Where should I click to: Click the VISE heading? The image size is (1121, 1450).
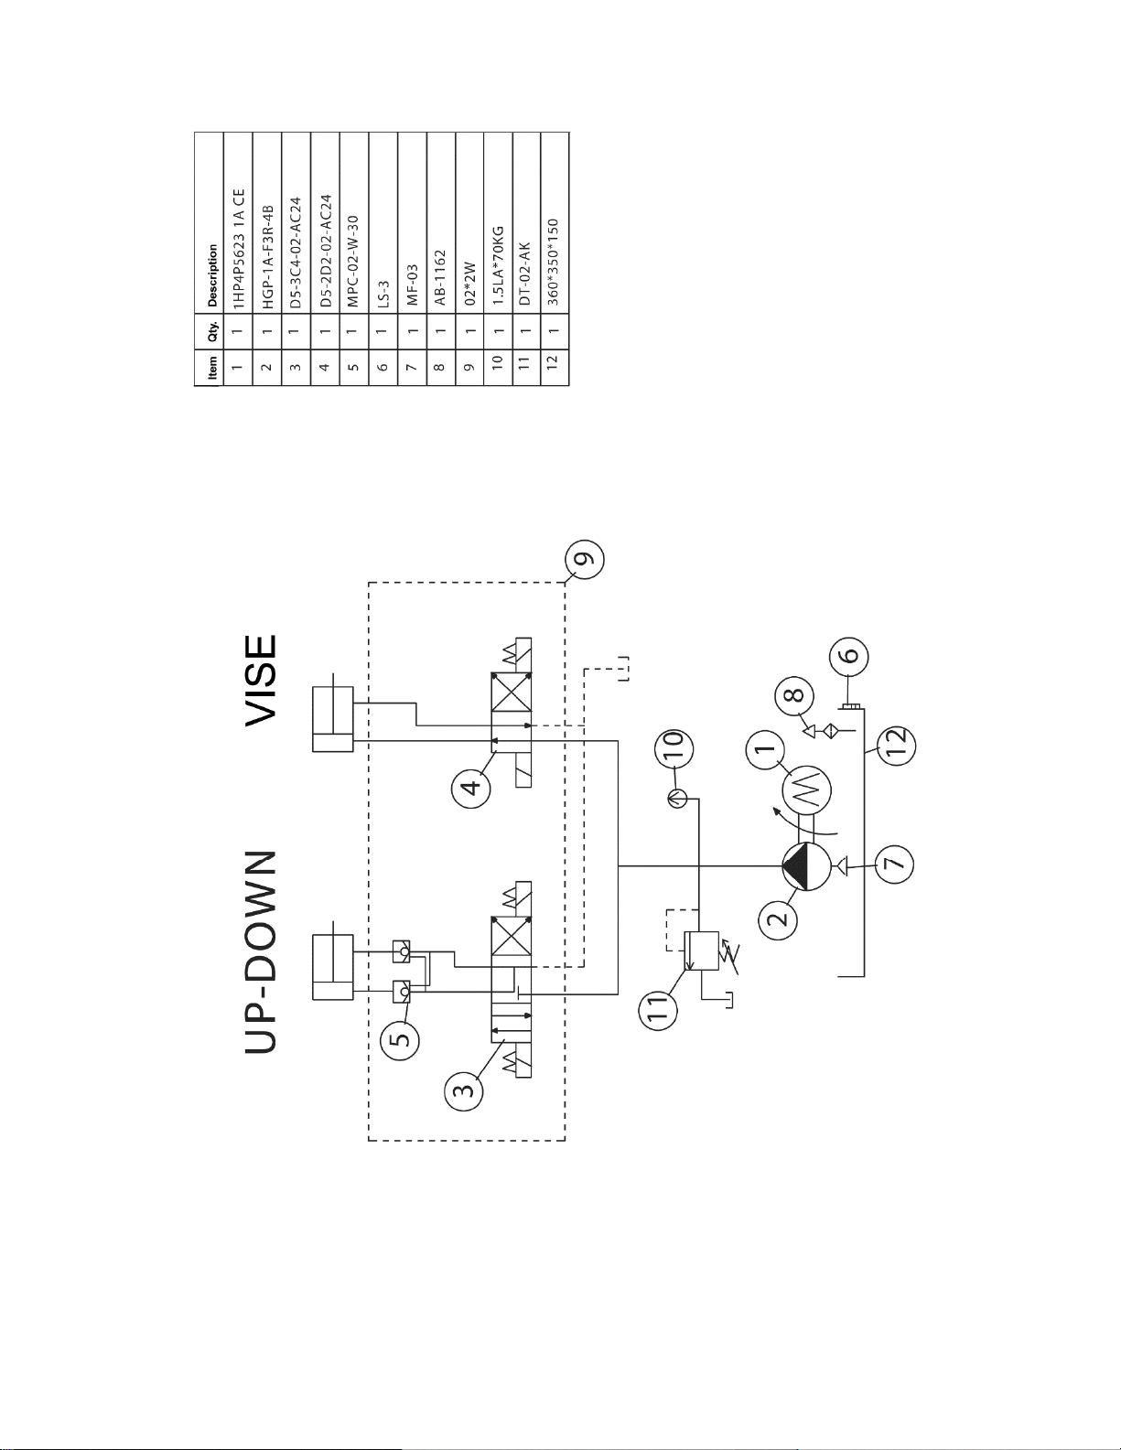[261, 680]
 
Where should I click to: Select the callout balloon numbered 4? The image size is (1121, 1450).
[470, 788]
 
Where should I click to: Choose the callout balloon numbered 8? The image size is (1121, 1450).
[794, 697]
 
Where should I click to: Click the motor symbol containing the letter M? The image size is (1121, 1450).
[806, 790]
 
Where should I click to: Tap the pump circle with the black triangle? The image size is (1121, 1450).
[806, 866]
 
